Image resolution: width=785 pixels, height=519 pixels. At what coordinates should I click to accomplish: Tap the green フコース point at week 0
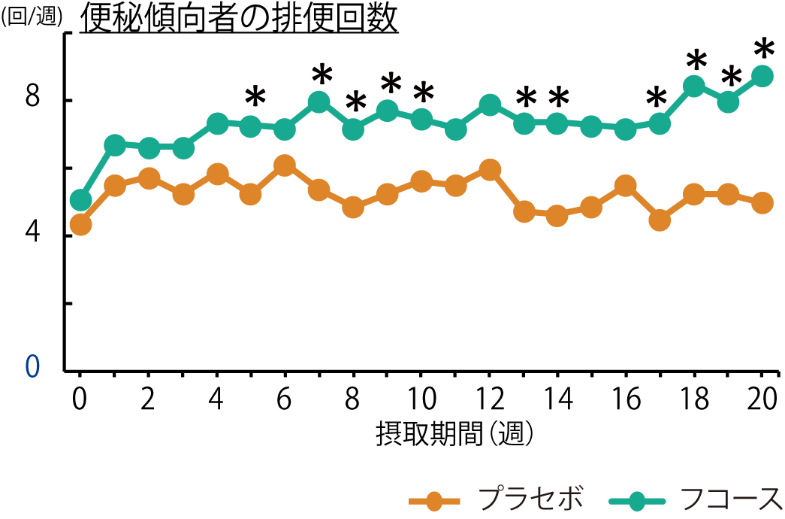tap(80, 200)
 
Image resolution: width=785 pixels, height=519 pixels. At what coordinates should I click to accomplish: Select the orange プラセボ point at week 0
tap(80, 224)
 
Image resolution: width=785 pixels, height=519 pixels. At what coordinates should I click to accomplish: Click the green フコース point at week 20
tap(762, 76)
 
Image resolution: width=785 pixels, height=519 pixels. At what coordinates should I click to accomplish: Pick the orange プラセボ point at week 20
tap(762, 203)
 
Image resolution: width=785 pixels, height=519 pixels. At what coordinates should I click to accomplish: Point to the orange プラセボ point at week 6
tap(285, 165)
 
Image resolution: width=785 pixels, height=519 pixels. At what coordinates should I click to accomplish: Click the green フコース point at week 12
tap(490, 105)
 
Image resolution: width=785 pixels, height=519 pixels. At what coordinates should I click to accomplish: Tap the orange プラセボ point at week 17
tap(660, 220)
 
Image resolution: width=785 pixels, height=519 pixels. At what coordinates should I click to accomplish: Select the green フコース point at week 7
tap(319, 102)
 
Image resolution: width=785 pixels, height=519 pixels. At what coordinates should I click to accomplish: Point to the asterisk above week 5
tap(255, 97)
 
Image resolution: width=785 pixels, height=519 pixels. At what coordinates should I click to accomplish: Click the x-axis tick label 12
tap(490, 399)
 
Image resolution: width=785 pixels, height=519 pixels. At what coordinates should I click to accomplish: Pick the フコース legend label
tap(730, 497)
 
